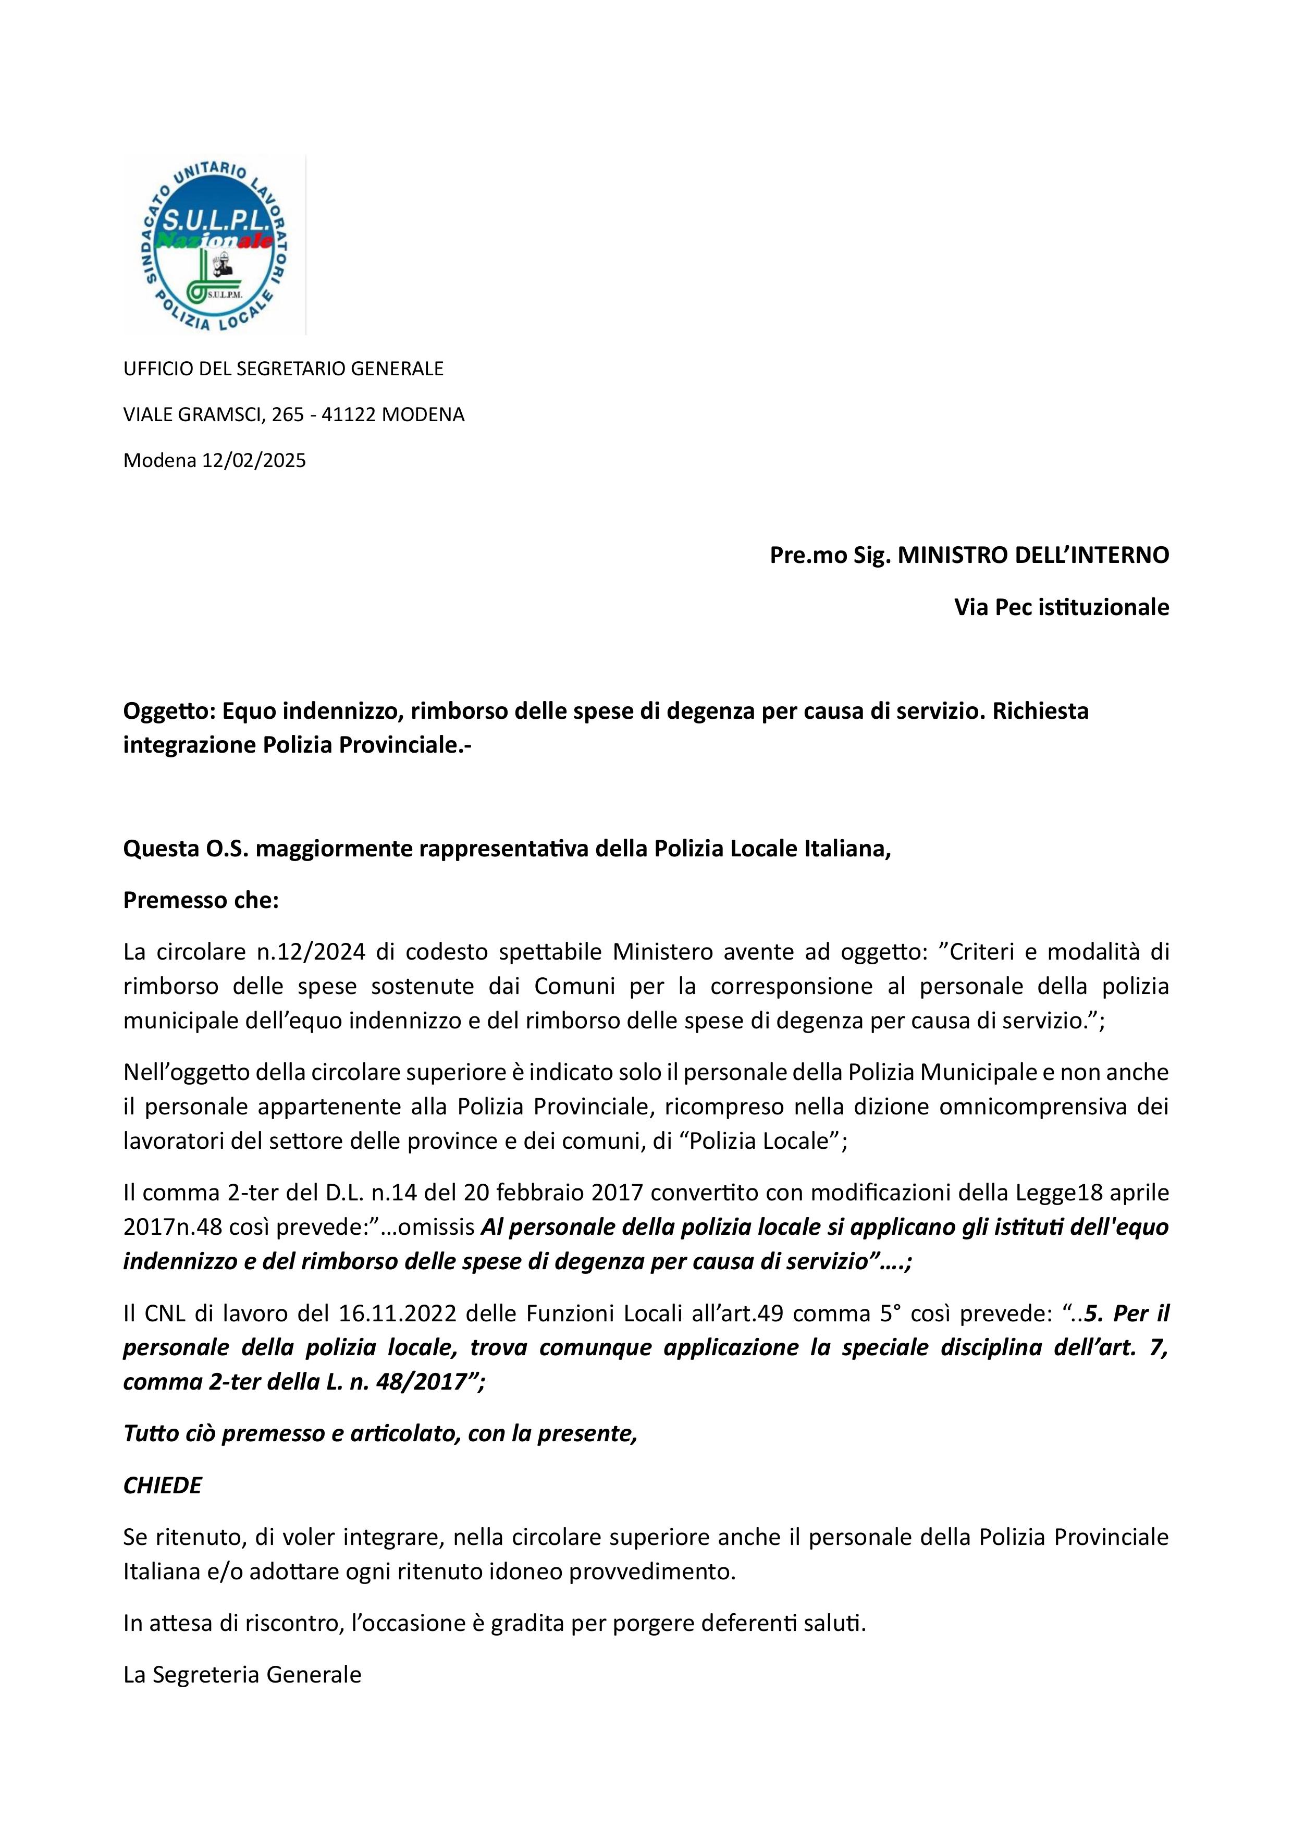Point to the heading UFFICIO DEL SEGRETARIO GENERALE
[x=283, y=369]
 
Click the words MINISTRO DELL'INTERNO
[x=1033, y=555]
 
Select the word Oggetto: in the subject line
[x=169, y=710]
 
